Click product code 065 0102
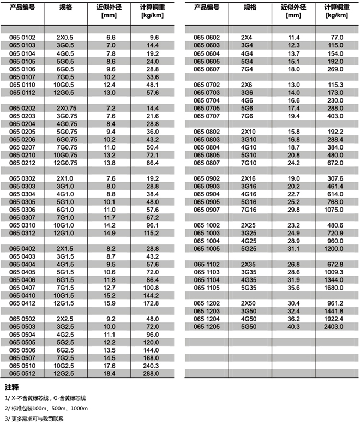(x=22, y=37)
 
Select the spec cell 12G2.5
(x=65, y=374)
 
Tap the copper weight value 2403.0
(x=334, y=327)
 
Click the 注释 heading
(x=11, y=387)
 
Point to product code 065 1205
(x=207, y=327)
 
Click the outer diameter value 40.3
(x=293, y=327)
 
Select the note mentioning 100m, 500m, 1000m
(x=46, y=409)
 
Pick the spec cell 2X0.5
(x=65, y=37)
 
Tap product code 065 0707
(x=207, y=116)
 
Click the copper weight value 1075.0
(x=334, y=210)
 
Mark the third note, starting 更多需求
(x=34, y=419)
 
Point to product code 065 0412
(x=22, y=303)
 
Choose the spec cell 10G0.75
(x=65, y=155)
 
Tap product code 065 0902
(x=207, y=178)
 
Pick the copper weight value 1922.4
(x=334, y=319)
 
